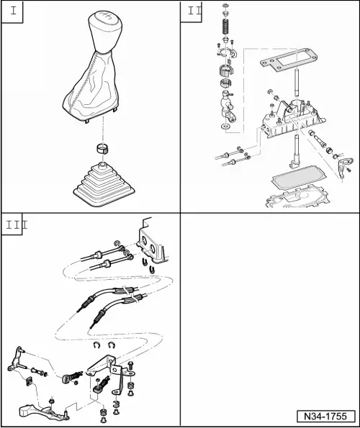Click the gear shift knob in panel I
click(105, 32)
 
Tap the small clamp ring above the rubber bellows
click(103, 148)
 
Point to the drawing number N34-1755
click(326, 416)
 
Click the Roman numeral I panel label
click(13, 12)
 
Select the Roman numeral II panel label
click(194, 11)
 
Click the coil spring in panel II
click(226, 27)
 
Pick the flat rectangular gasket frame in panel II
click(288, 60)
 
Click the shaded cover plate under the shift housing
click(298, 177)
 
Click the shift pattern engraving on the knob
click(105, 16)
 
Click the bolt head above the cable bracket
click(130, 365)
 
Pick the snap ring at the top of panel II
click(226, 6)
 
